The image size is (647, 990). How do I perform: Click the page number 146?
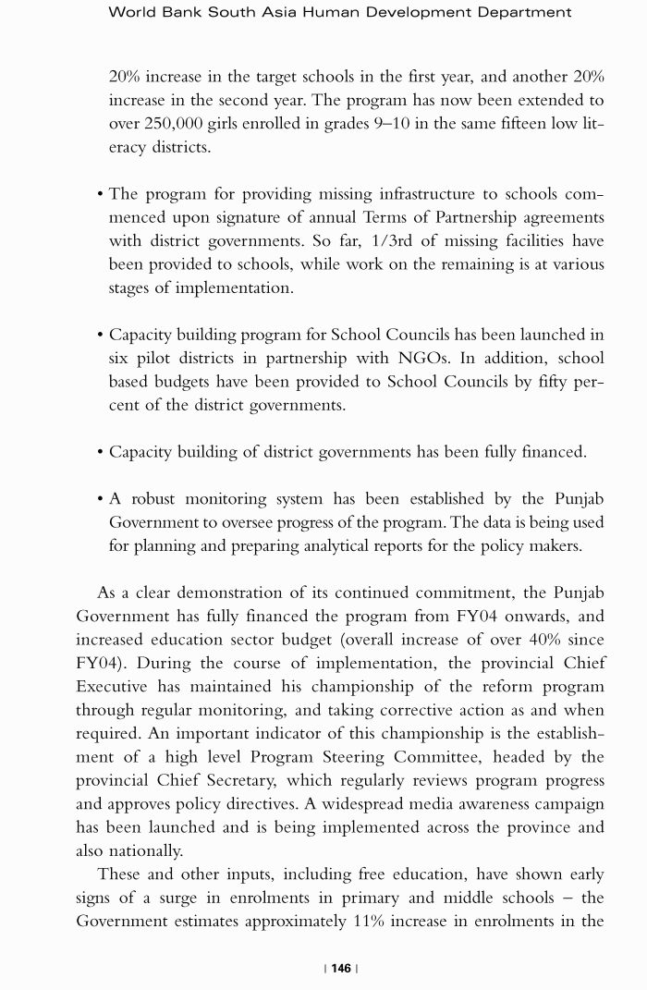[341, 968]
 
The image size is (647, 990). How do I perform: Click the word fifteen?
[507, 123]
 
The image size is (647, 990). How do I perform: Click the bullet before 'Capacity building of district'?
[99, 453]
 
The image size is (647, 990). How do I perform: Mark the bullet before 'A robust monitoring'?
[99, 499]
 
